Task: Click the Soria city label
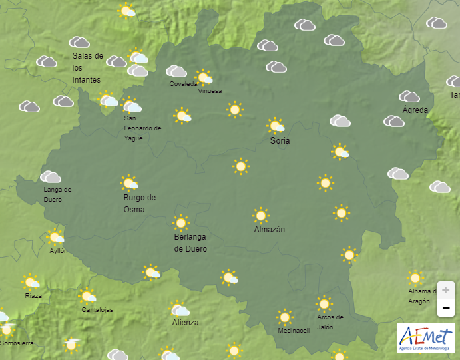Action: [280, 141]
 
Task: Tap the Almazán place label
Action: [270, 230]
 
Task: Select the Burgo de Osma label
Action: [139, 203]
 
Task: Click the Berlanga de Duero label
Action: [190, 243]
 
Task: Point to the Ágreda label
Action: [415, 110]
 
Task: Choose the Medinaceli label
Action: [294, 331]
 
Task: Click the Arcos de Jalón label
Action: [330, 321]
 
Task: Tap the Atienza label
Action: [185, 323]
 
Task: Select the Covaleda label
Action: [183, 84]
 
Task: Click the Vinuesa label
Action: [210, 91]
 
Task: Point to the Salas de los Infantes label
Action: [87, 68]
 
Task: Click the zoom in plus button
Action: [445, 291]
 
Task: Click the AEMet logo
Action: [425, 338]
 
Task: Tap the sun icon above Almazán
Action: [261, 215]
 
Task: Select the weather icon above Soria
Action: [276, 126]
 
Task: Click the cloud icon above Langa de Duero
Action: [51, 177]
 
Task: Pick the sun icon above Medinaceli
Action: [285, 317]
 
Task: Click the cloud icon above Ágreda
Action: [409, 97]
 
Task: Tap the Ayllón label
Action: [58, 251]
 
